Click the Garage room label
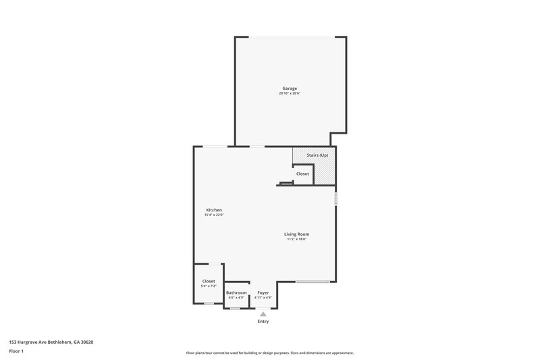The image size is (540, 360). click(290, 88)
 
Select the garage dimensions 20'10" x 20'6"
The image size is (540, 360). click(290, 94)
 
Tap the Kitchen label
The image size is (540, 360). click(214, 210)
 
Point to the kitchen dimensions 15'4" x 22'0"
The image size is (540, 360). click(214, 215)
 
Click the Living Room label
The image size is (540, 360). click(296, 234)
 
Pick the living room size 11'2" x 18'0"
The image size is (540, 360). click(296, 239)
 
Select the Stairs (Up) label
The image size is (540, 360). click(317, 155)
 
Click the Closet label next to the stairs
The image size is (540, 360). click(302, 174)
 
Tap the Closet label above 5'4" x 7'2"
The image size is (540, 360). click(209, 281)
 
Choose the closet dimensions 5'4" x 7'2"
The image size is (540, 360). click(209, 286)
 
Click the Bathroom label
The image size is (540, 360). click(236, 292)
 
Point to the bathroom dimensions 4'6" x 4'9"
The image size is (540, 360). click(236, 298)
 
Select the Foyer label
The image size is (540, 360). click(263, 292)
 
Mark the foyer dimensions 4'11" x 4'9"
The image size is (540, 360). click(263, 298)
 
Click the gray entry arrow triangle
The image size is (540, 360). click(263, 314)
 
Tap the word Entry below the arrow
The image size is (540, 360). click(263, 322)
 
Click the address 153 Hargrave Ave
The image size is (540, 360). click(51, 342)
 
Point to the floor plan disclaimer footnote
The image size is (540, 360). click(270, 353)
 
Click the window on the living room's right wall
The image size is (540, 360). click(335, 200)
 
